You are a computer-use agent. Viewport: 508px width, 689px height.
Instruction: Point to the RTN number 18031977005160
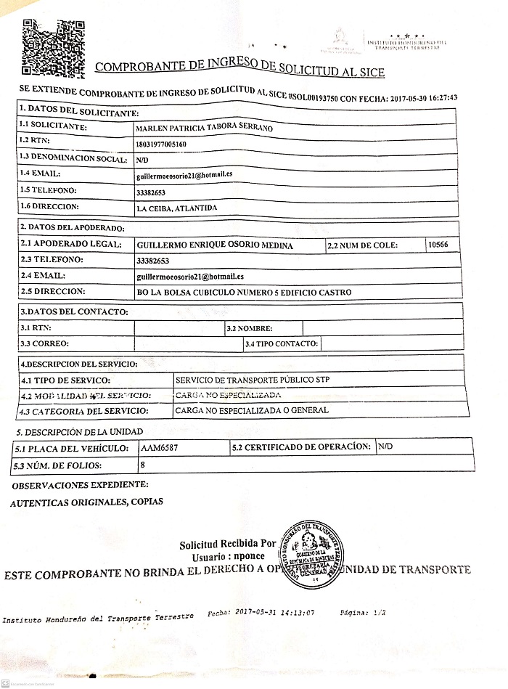[161, 144]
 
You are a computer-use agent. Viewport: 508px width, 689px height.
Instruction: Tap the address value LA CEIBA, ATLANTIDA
[176, 208]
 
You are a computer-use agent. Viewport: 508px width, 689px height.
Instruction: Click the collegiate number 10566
[439, 245]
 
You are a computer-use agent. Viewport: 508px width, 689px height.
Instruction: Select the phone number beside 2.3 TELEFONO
[152, 260]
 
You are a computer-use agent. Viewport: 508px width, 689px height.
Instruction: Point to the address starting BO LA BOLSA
[243, 292]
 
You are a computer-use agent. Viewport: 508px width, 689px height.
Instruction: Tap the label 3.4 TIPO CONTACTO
[282, 343]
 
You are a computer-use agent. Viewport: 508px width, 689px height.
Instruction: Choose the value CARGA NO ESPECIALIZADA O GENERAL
[252, 410]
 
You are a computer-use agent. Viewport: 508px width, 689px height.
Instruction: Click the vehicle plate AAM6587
[160, 448]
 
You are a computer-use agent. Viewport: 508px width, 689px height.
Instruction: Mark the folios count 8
[143, 464]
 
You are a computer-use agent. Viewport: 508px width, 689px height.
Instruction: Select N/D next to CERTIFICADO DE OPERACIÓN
[385, 447]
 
